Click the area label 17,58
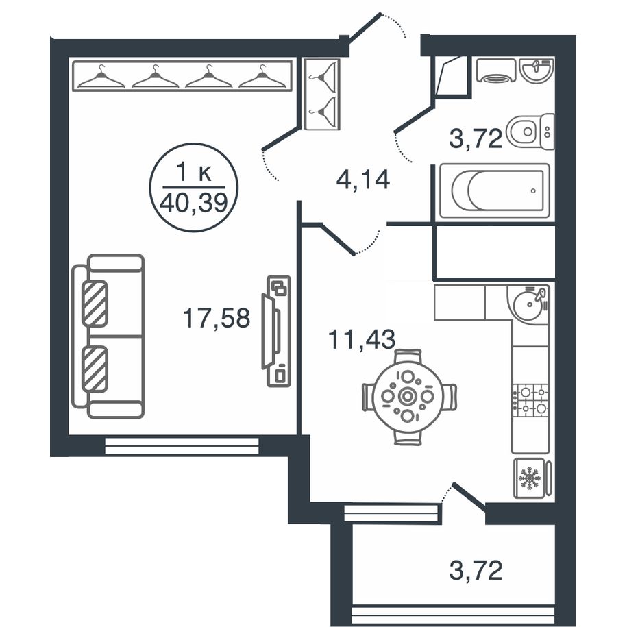pos(217,319)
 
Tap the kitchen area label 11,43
pos(362,340)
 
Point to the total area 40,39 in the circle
pos(193,203)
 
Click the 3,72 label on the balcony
pos(476,570)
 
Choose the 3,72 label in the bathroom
pos(476,138)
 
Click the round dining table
pos(408,397)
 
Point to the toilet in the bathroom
pos(530,131)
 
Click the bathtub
pos(494,190)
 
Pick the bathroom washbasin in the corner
pos(537,71)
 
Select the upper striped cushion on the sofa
pos(95,304)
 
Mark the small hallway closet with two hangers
pos(322,94)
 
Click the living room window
pos(182,445)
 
